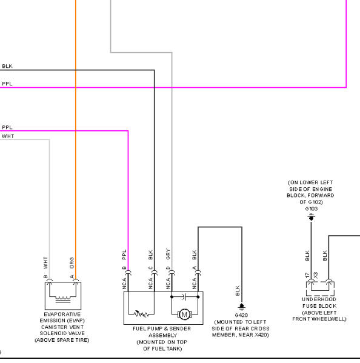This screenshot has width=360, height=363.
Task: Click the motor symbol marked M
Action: pyautogui.click(x=184, y=315)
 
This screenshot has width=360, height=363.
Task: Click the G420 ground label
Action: pyautogui.click(x=241, y=315)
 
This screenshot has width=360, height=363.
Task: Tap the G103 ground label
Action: pyautogui.click(x=311, y=209)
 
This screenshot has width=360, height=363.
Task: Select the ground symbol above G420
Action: pyautogui.click(x=242, y=307)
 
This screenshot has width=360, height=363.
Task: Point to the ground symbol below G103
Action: pyautogui.click(x=311, y=218)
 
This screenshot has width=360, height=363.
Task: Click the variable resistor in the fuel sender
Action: pyautogui.click(x=141, y=314)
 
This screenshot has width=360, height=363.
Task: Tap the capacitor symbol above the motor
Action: pyautogui.click(x=184, y=296)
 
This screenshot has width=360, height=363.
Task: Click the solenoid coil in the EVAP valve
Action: pyautogui.click(x=63, y=299)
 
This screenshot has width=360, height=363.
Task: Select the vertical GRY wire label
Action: pyautogui.click(x=168, y=254)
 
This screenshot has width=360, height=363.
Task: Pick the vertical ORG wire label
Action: pyautogui.click(x=72, y=263)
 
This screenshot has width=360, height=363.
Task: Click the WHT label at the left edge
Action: pyautogui.click(x=8, y=136)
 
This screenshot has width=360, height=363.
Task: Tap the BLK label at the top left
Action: pyautogui.click(x=7, y=66)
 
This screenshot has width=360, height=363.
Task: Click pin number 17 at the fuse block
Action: pyautogui.click(x=307, y=275)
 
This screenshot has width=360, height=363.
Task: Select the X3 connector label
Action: pyautogui.click(x=315, y=275)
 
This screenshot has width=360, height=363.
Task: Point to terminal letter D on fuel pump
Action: pyautogui.click(x=168, y=268)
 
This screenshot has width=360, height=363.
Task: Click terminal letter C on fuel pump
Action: pyautogui.click(x=150, y=268)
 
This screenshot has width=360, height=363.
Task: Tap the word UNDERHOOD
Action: pyautogui.click(x=319, y=299)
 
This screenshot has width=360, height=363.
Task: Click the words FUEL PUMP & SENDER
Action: pyautogui.click(x=162, y=328)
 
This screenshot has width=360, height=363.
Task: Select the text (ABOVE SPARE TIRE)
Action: pyautogui.click(x=62, y=340)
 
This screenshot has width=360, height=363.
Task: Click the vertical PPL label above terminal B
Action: pyautogui.click(x=124, y=255)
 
